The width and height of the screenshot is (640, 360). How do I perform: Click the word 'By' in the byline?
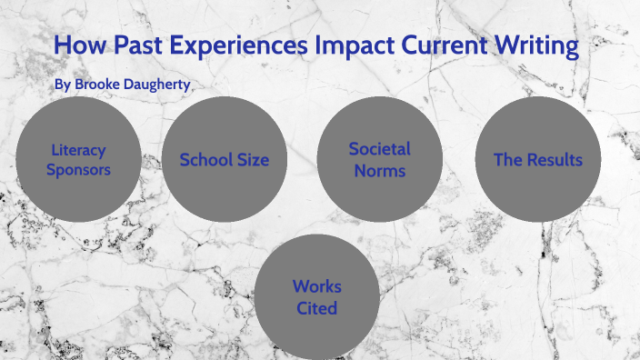pyautogui.click(x=62, y=84)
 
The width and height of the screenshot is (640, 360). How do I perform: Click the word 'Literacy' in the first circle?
pyautogui.click(x=78, y=150)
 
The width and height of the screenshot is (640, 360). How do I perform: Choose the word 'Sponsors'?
pyautogui.click(x=78, y=169)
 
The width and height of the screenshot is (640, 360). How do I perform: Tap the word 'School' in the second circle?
pyautogui.click(x=205, y=160)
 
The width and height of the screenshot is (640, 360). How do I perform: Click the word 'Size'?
pyautogui.click(x=252, y=160)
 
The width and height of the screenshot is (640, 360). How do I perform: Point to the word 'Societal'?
pyautogui.click(x=379, y=148)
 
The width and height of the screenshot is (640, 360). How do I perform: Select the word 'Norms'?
pyautogui.click(x=379, y=169)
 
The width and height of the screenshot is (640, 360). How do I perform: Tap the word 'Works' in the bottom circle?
pyautogui.click(x=317, y=286)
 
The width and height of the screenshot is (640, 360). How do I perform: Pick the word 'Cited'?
pyautogui.click(x=317, y=308)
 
